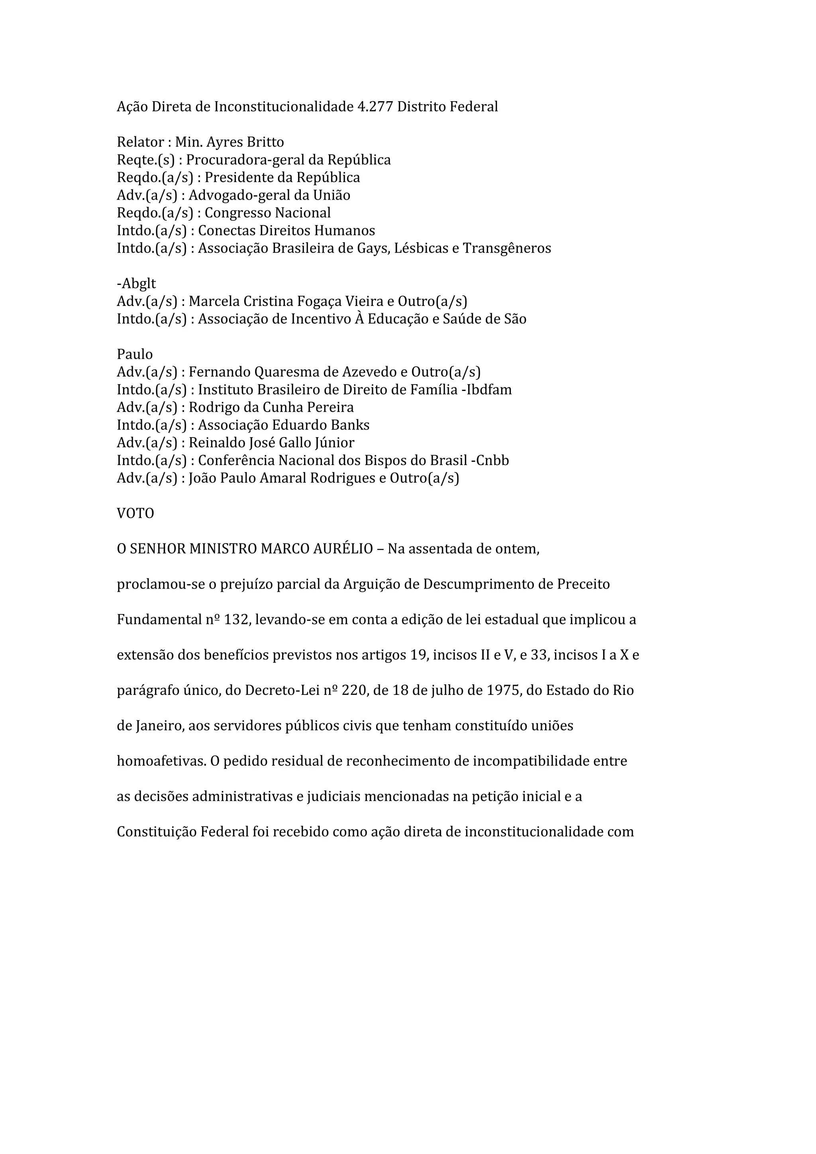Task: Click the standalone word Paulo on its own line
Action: tap(135, 354)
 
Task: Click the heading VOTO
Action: tap(135, 513)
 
